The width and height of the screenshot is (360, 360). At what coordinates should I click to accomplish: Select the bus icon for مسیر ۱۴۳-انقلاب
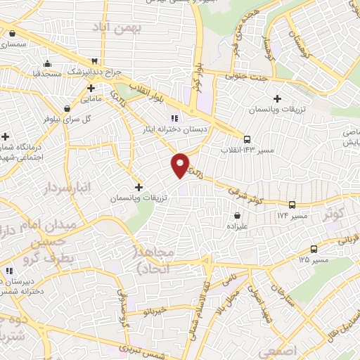247,139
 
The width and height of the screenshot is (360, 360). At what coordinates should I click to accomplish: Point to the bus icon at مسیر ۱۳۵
313,249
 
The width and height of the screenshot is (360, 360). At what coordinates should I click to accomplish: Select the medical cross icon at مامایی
91,89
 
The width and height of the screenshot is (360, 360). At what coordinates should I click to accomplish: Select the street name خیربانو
153,310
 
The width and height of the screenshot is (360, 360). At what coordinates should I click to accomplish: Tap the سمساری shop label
13,44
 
